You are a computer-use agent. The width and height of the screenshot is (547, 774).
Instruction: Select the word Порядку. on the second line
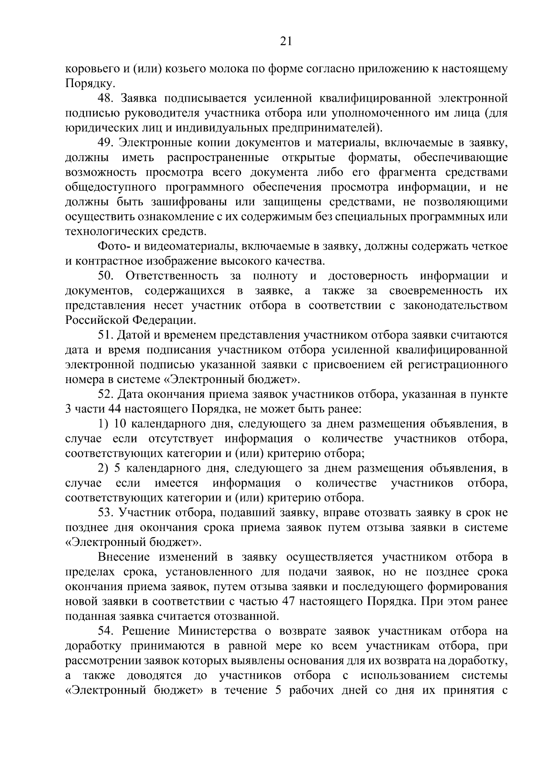pos(84,83)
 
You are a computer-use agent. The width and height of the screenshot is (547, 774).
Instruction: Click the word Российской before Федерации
pos(98,321)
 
